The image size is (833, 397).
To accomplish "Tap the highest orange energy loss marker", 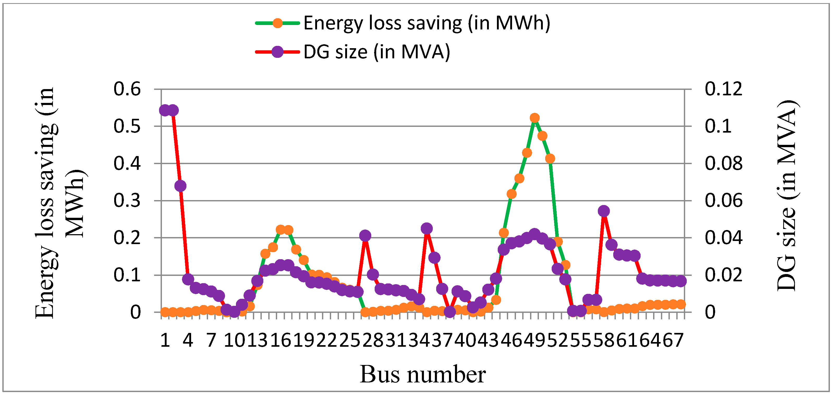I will (x=534, y=118).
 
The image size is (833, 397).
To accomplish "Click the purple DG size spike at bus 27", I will (x=365, y=236).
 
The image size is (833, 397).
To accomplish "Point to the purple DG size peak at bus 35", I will (x=427, y=229).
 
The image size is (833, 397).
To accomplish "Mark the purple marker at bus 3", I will (x=180, y=186).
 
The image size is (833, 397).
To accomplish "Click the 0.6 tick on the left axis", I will (x=127, y=89).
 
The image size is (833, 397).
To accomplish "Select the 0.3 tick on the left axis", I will (x=127, y=201).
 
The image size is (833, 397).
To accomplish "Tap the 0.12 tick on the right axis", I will (x=724, y=89).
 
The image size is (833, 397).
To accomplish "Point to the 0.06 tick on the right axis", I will (x=724, y=201).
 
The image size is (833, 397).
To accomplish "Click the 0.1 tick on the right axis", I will (x=719, y=126).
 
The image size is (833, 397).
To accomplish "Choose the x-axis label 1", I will (x=165, y=340).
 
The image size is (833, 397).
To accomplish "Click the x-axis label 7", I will (x=211, y=340).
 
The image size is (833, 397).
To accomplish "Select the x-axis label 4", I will (x=188, y=340).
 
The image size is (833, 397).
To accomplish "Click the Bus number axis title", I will (x=423, y=375).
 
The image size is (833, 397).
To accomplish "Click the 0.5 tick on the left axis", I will (x=127, y=126).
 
